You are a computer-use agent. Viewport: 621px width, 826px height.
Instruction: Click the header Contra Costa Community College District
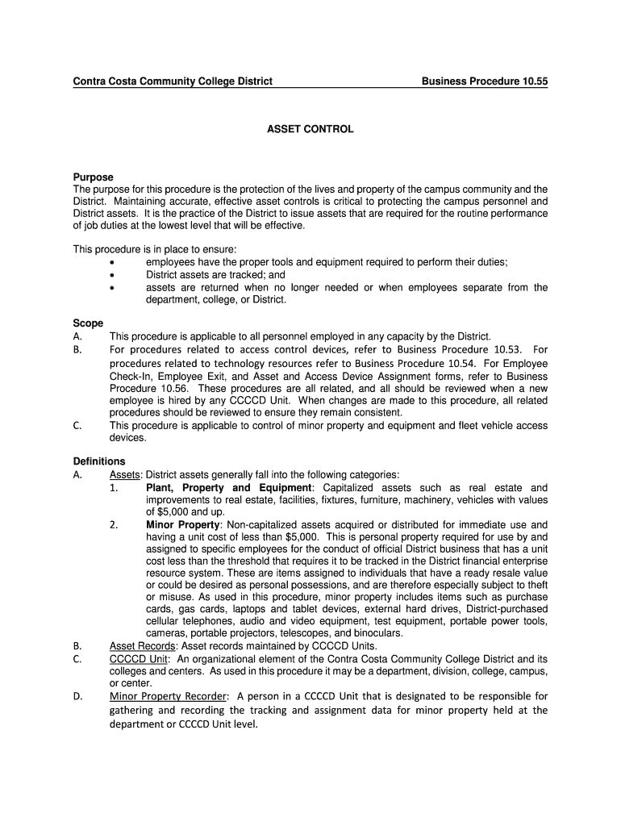[x=173, y=81]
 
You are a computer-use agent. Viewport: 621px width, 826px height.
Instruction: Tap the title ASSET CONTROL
[x=310, y=129]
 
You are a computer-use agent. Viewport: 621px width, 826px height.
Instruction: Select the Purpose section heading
[x=94, y=177]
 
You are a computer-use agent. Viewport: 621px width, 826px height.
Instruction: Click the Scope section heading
[x=89, y=323]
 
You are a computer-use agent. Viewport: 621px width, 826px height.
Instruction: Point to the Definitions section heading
[x=99, y=461]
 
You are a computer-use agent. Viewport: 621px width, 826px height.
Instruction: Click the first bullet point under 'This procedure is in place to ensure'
[x=112, y=263]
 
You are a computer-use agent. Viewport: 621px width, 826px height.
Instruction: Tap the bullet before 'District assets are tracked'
[x=112, y=275]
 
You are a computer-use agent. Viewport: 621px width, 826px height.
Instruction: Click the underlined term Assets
[x=125, y=475]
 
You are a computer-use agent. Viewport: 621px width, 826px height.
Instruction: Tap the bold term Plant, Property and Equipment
[x=228, y=488]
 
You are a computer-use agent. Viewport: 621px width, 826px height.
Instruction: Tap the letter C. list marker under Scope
[x=77, y=425]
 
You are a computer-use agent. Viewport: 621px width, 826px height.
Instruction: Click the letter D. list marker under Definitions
[x=77, y=696]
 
